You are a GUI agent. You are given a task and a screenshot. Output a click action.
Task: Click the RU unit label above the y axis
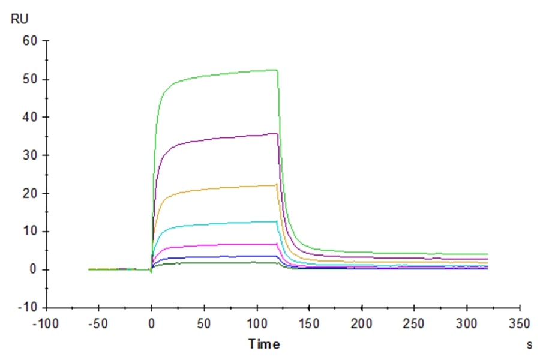tap(20, 19)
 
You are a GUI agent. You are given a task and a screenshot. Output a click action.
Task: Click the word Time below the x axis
tap(264, 344)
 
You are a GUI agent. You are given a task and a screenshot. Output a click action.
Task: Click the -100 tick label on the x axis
tap(46, 324)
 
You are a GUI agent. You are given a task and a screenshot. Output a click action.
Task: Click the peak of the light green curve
tap(276, 70)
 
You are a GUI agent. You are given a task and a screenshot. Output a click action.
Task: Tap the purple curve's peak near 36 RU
tap(276, 133)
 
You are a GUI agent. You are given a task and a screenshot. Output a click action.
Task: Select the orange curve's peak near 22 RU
tap(275, 185)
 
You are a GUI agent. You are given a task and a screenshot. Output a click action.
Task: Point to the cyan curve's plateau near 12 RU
tap(240, 223)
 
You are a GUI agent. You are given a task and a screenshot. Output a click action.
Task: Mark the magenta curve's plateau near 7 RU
tap(240, 244)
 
